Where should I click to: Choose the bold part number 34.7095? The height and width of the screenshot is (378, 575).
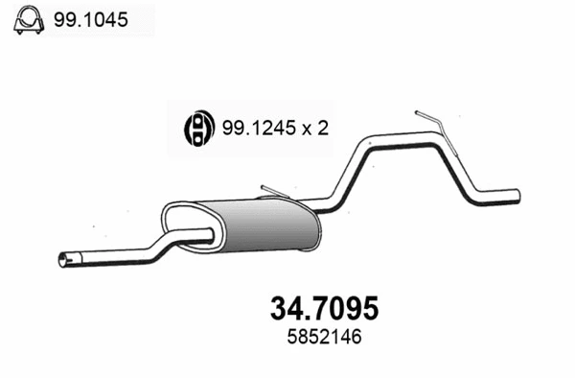(319, 306)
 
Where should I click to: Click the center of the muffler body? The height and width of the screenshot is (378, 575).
(261, 226)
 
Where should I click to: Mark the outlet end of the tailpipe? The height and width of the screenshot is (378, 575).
(516, 196)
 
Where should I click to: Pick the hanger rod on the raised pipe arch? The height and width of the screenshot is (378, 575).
(429, 121)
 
